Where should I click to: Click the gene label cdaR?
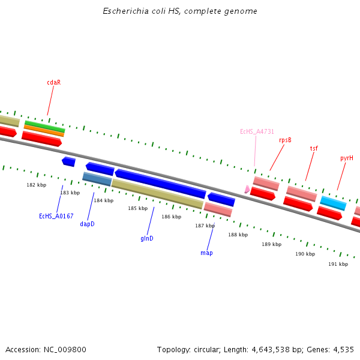point(53,82)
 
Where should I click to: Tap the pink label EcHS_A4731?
point(257,131)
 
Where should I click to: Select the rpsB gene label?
point(285,140)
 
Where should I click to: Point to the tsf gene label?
point(314,148)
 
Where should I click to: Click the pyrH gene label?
point(346,158)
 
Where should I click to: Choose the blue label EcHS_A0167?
point(56,216)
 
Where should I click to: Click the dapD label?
point(87,224)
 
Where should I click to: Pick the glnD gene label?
point(147,238)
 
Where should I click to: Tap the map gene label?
point(206,253)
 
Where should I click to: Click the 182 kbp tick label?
point(36,185)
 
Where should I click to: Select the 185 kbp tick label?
point(137,208)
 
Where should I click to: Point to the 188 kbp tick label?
point(238,235)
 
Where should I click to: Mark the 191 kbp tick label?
point(338,264)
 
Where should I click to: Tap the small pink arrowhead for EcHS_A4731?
point(247,189)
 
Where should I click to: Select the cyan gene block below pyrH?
point(333,203)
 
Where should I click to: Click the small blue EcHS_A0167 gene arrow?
point(68,161)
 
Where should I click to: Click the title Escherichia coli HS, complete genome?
point(180,11)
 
